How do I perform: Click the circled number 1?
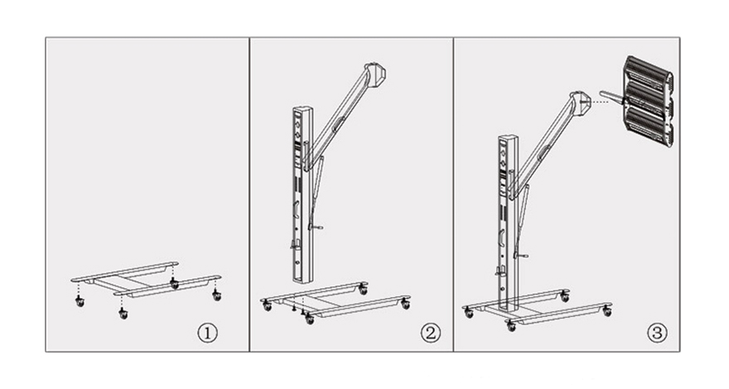(207, 333)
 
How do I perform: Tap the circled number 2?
(430, 333)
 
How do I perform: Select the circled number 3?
(657, 333)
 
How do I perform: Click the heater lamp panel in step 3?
(648, 101)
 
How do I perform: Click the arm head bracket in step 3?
(581, 103)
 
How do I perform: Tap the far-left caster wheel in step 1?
(80, 302)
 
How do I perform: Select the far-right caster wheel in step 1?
(217, 295)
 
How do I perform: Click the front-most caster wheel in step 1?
(123, 315)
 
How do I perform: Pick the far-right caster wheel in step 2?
(406, 305)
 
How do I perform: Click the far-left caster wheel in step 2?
(267, 305)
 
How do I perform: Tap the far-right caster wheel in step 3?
(607, 311)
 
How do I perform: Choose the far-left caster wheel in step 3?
(469, 313)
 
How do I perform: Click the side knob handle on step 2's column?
(316, 228)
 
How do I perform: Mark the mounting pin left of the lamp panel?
(611, 97)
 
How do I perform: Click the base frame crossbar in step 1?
(123, 282)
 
